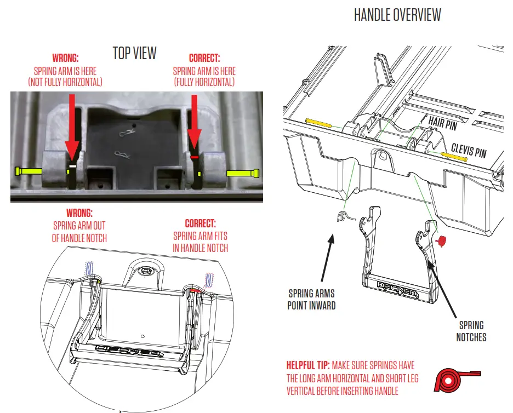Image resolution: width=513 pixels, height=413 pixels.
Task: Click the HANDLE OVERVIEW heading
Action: point(397,15)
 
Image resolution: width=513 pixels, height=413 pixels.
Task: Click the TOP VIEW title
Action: point(134,53)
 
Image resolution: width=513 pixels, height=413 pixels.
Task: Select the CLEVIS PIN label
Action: point(468,150)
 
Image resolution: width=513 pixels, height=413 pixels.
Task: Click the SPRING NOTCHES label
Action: point(471,331)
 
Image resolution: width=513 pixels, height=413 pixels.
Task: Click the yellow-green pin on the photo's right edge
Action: point(243,173)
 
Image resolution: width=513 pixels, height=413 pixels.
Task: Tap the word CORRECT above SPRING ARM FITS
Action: point(200,223)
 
